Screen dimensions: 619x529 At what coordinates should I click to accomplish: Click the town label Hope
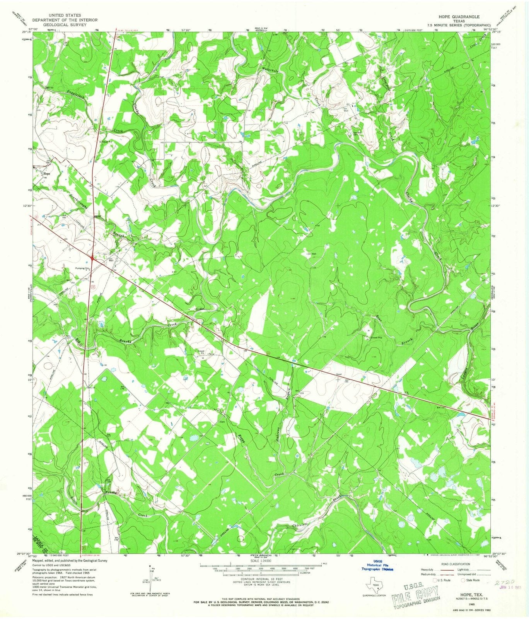(x=47, y=174)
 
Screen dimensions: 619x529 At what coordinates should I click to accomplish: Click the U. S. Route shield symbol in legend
(x=435, y=580)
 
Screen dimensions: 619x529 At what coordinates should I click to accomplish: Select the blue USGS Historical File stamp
(x=377, y=566)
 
